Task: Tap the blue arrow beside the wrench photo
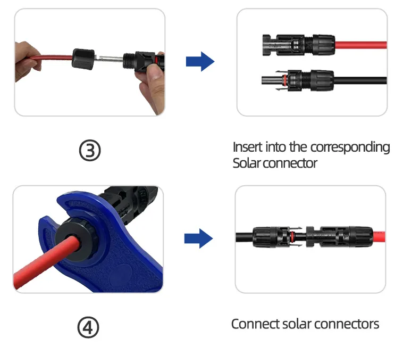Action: point(198,238)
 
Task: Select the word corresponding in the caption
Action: point(350,147)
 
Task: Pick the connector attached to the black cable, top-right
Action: point(298,81)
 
